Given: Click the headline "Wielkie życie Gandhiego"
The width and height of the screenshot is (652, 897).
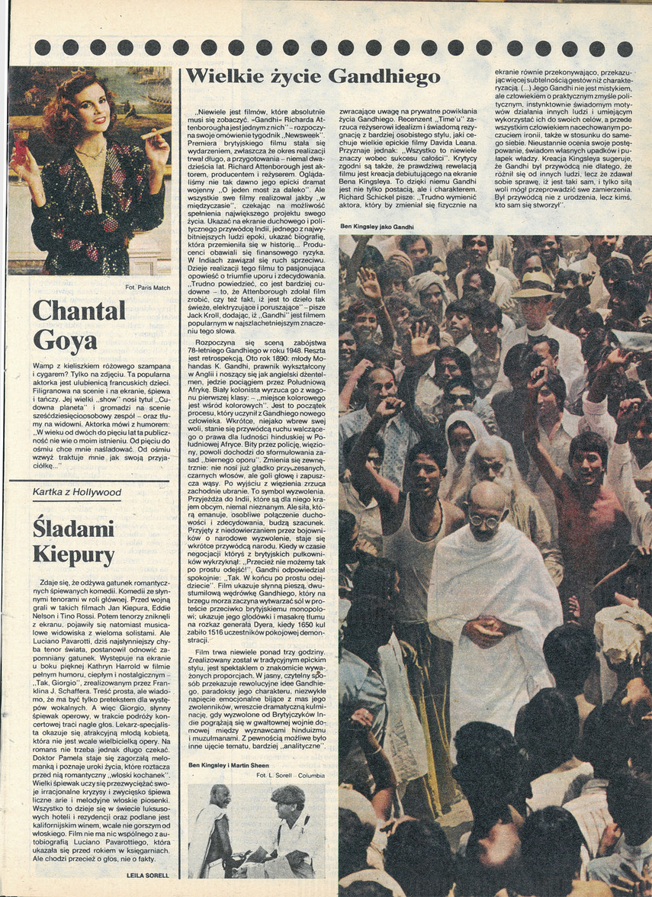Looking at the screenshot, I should point(313,76).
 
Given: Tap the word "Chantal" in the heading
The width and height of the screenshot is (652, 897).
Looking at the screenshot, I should point(79,310).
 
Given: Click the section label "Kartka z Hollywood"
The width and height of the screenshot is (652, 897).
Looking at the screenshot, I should point(77,493).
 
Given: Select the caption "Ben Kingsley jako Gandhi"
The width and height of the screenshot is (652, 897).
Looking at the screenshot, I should point(377,227).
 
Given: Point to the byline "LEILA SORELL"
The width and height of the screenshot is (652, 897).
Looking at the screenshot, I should point(150,877).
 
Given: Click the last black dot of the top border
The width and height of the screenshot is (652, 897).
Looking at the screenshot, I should point(625,49).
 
